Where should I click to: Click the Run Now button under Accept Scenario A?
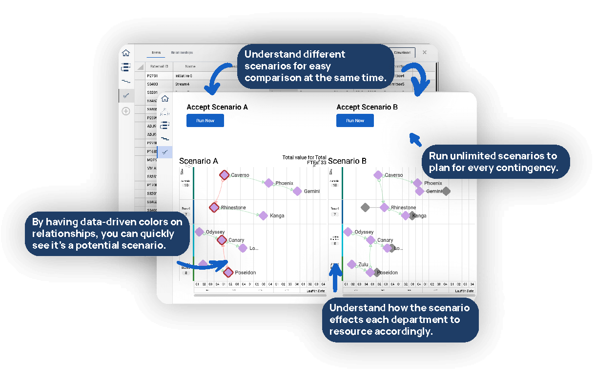(205, 121)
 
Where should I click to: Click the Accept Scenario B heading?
(367, 107)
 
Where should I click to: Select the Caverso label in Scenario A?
(240, 175)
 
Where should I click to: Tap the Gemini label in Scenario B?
(434, 192)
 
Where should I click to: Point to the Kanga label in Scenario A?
(277, 215)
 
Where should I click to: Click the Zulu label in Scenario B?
(363, 264)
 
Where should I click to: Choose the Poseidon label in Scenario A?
(245, 273)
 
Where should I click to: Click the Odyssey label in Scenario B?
(364, 232)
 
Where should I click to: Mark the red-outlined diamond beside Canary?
(222, 240)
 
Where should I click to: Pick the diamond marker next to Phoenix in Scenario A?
(268, 183)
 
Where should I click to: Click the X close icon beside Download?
(424, 52)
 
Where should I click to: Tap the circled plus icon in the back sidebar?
(126, 111)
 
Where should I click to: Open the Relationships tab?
(182, 53)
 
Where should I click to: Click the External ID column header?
(159, 66)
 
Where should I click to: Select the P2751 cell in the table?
(152, 76)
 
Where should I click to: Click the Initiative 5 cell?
(184, 76)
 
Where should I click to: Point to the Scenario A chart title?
(198, 161)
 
